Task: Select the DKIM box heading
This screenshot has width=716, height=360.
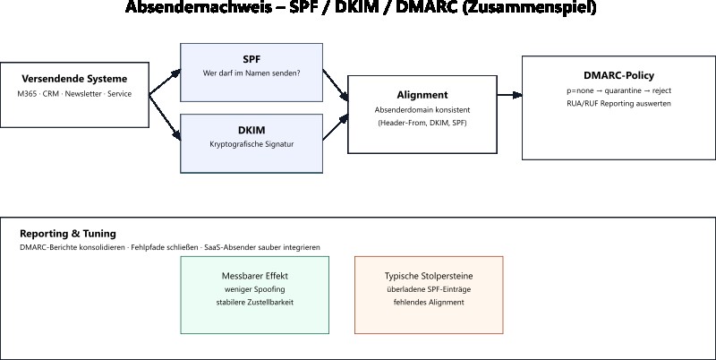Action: pyautogui.click(x=251, y=130)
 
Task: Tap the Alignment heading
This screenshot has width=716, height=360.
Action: pyautogui.click(x=422, y=94)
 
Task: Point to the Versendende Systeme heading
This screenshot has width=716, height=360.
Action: pyautogui.click(x=74, y=78)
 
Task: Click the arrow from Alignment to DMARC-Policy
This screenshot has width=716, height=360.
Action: pyautogui.click(x=509, y=94)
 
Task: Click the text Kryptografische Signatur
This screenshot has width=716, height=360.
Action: pyautogui.click(x=251, y=143)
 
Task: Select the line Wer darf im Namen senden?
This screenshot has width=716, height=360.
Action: pyautogui.click(x=251, y=73)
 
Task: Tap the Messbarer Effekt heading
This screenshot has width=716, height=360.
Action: pyautogui.click(x=255, y=276)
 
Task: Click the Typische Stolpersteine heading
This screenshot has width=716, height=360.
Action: pyautogui.click(x=429, y=276)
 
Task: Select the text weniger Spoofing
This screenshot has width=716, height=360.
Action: pyautogui.click(x=255, y=289)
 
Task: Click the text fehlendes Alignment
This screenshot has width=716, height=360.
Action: pyautogui.click(x=429, y=303)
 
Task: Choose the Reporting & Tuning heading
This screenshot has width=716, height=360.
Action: pyautogui.click(x=68, y=233)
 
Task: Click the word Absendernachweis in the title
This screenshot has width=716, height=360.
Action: pyautogui.click(x=188, y=8)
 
